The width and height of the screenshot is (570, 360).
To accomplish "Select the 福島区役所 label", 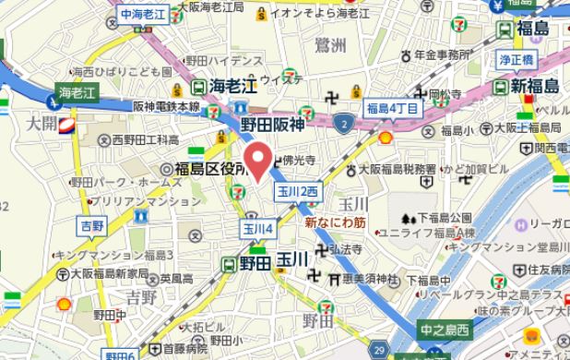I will tap(211, 169).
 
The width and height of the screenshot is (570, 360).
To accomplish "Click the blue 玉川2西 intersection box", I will tap(296, 189).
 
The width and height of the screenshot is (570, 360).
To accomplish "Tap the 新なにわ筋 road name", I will tap(335, 222).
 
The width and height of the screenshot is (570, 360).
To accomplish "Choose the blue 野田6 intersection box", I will tap(119, 355).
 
